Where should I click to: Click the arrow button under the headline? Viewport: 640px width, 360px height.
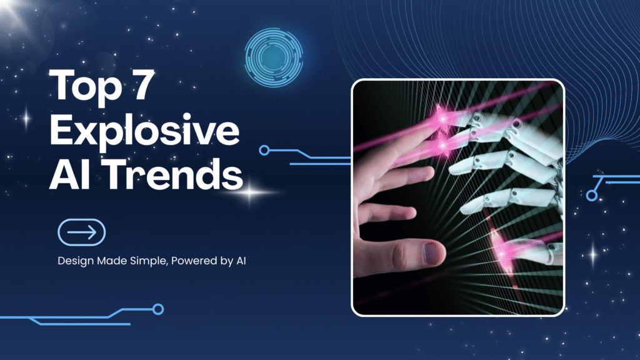tap(81, 232)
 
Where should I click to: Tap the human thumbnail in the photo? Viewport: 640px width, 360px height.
tap(431, 253)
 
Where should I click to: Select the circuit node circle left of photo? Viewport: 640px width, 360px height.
tap(264, 150)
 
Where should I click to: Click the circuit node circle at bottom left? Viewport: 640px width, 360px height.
tap(158, 309)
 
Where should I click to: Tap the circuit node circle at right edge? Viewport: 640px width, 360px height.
tap(591, 196)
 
